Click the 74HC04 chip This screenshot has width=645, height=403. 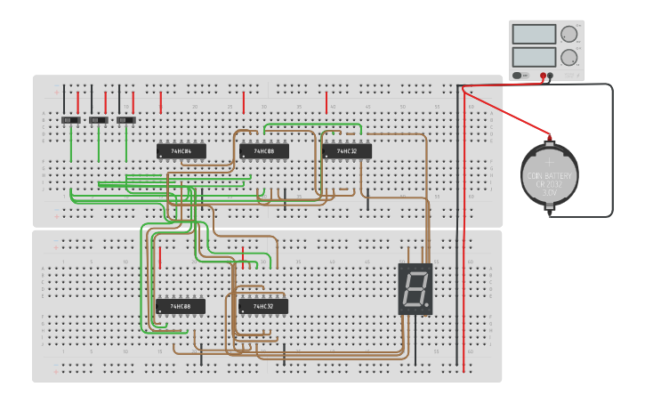click(181, 151)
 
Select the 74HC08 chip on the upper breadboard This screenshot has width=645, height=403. click(264, 151)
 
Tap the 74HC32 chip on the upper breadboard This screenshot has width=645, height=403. click(347, 151)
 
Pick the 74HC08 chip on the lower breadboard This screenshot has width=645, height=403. click(181, 306)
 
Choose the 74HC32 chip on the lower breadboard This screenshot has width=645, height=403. click(263, 306)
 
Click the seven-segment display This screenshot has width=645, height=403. click(415, 288)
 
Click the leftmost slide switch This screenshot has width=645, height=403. click(70, 119)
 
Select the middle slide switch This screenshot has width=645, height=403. click(98, 119)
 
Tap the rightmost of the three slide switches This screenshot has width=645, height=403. click(126, 119)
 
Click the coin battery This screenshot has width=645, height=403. click(549, 175)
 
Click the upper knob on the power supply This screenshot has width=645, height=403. click(567, 35)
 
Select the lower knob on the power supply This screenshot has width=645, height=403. click(567, 59)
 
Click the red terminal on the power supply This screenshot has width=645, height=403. click(543, 77)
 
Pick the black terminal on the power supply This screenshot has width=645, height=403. click(551, 77)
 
